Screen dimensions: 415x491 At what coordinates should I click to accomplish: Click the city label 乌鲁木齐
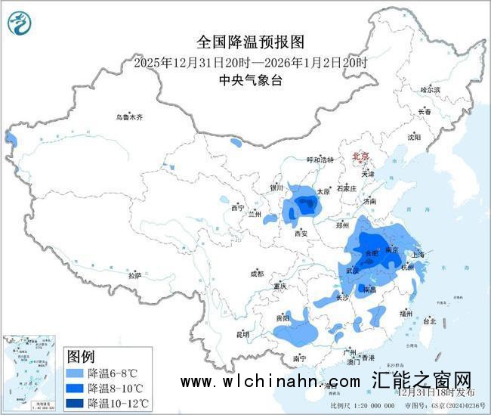[128, 117]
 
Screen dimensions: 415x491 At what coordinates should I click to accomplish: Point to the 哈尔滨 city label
[430, 89]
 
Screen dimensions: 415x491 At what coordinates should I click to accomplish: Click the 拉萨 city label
[134, 275]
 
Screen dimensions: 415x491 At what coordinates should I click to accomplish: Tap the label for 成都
[255, 273]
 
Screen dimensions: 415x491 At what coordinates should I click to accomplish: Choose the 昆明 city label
[242, 333]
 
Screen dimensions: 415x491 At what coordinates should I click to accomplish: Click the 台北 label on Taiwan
[429, 321]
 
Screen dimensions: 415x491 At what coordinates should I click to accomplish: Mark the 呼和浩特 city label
[320, 160]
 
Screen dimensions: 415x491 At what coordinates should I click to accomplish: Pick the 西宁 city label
[238, 207]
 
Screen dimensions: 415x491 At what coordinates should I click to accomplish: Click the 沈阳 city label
[414, 137]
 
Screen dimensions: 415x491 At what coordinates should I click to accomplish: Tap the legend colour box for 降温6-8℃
[75, 373]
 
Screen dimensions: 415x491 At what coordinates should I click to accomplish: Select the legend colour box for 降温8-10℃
[75, 388]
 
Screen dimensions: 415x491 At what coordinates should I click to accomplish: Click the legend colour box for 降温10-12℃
[75, 402]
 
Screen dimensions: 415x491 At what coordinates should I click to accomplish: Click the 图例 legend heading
[81, 357]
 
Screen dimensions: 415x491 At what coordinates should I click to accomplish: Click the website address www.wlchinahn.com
[270, 383]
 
